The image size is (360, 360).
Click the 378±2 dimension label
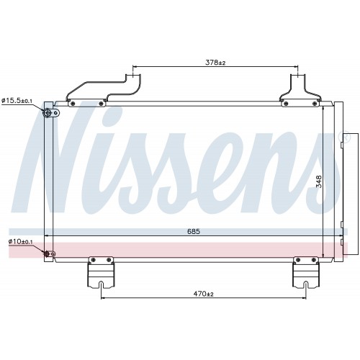point(215,63)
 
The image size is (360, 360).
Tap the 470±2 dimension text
point(203,294)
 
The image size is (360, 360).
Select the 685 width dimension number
point(194,231)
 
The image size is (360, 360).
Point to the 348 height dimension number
point(319,181)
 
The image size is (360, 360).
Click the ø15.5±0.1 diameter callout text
point(17,101)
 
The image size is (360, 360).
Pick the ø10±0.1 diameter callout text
point(20,241)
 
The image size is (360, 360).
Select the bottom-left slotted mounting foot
point(101,272)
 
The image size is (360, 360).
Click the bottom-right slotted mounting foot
point(306,272)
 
